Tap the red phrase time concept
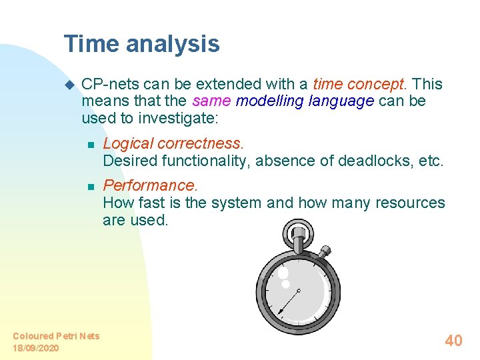[359, 84]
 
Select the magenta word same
[211, 101]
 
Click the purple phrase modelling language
[305, 101]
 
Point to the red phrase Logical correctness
[173, 143]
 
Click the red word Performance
[149, 185]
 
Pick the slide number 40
[453, 341]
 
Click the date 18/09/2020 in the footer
[35, 348]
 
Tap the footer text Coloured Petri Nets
[56, 336]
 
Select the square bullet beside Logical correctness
[91, 144]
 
